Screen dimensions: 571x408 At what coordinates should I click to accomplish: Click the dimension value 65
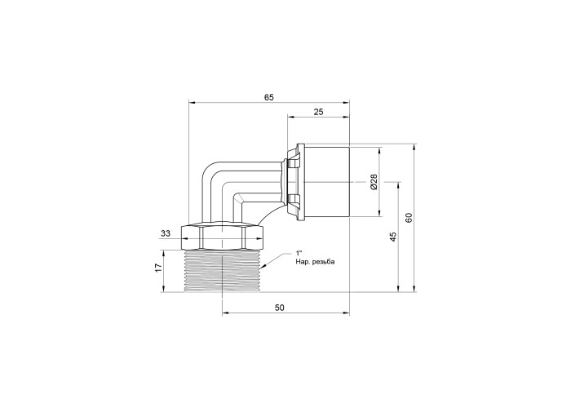(x=268, y=97)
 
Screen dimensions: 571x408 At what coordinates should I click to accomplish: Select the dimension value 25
(x=318, y=112)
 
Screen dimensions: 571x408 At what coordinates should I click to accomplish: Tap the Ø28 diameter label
(x=374, y=181)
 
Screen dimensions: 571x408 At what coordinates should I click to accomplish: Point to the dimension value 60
(x=409, y=218)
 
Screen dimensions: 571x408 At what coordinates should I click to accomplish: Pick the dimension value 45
(x=392, y=237)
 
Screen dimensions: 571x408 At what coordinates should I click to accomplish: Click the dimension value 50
(x=279, y=308)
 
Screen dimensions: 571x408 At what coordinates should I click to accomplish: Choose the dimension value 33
(x=166, y=234)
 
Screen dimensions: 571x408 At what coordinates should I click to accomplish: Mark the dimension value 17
(x=158, y=268)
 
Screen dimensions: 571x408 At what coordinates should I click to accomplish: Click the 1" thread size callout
(x=299, y=253)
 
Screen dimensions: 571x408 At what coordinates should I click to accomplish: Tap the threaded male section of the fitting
(x=222, y=271)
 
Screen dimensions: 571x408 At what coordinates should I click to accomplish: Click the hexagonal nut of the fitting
(x=222, y=237)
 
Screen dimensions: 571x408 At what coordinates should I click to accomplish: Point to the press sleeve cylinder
(x=324, y=181)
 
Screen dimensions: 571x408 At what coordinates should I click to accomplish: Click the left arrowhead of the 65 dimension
(x=192, y=103)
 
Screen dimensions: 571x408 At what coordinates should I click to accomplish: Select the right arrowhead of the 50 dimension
(x=346, y=313)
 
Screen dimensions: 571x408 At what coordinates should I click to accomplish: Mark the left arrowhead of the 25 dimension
(x=291, y=118)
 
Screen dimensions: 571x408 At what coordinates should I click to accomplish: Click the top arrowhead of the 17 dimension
(x=163, y=254)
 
